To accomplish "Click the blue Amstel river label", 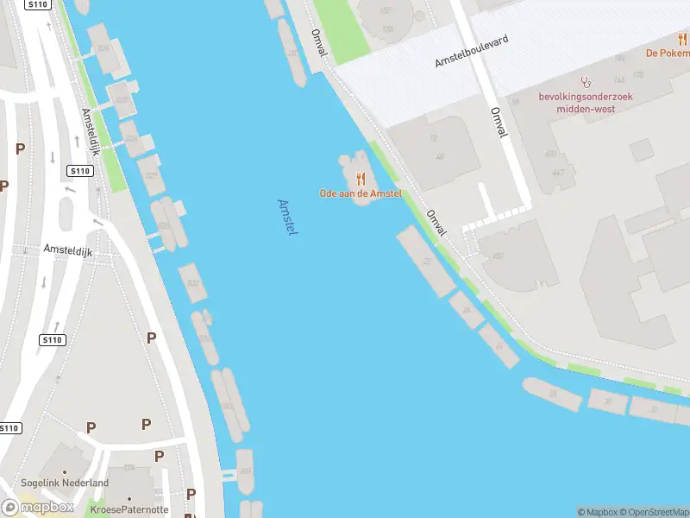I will (x=287, y=218).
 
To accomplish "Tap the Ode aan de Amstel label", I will (x=361, y=194).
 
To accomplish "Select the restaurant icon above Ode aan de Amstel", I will (x=361, y=180).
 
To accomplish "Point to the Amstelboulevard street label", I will (x=472, y=52).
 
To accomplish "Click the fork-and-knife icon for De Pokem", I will (x=682, y=39).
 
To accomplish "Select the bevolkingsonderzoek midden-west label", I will (x=586, y=102).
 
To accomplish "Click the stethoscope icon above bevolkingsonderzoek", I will (x=586, y=82).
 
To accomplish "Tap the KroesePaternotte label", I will (x=129, y=509).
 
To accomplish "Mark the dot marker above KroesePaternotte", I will (x=129, y=498).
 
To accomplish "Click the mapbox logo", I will (x=38, y=507).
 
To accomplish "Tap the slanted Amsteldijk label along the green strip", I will (x=91, y=131).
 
